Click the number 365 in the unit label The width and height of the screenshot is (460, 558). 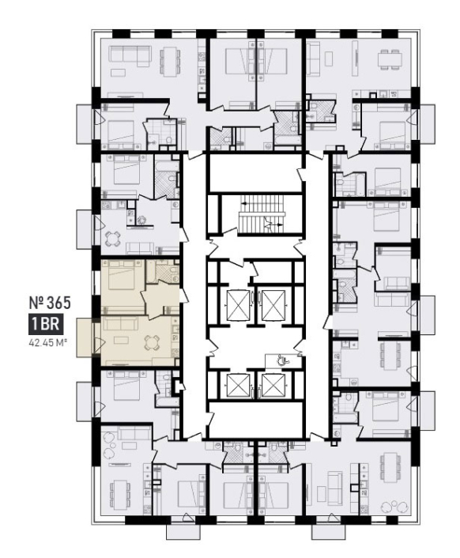(x=58, y=303)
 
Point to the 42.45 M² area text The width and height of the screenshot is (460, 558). (x=47, y=344)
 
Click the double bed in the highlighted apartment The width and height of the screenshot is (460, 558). (x=121, y=275)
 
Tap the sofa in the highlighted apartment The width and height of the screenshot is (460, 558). (x=121, y=324)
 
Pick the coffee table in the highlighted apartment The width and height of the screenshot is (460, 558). (x=121, y=341)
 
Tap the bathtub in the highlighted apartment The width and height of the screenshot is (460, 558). (x=151, y=272)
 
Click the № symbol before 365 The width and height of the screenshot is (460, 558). (x=36, y=303)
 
